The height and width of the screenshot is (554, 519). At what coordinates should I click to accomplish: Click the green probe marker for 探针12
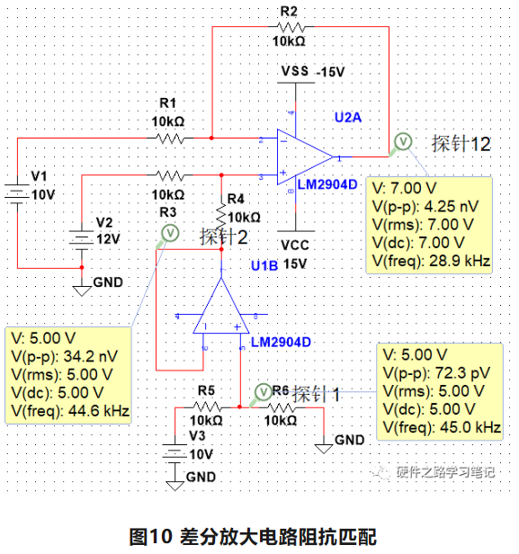click(x=402, y=140)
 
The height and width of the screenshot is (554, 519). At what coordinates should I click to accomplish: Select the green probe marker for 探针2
click(x=166, y=233)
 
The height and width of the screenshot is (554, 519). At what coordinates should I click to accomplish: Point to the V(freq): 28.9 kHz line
click(x=430, y=261)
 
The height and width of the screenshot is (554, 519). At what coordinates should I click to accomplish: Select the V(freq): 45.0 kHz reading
click(x=439, y=426)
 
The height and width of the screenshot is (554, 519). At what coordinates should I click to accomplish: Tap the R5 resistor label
click(x=206, y=389)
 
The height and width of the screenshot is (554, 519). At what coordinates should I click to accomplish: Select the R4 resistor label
click(x=236, y=198)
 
